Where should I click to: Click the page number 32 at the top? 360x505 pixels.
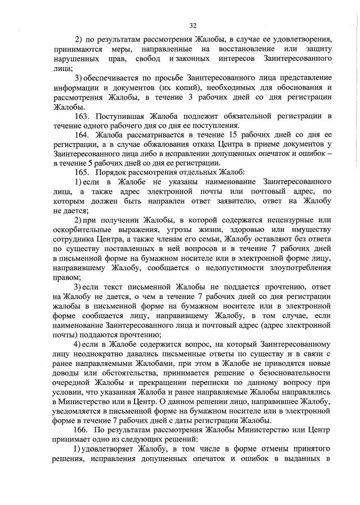[193, 25]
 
